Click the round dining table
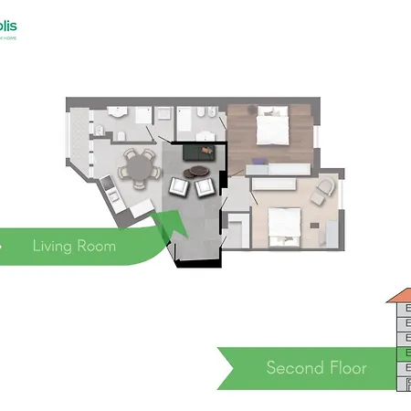point(140,167)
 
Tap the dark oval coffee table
point(196,171)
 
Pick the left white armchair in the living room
point(180,187)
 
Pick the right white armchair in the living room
point(205,186)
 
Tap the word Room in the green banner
point(98,246)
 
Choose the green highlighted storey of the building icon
point(404,353)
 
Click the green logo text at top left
point(8,25)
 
